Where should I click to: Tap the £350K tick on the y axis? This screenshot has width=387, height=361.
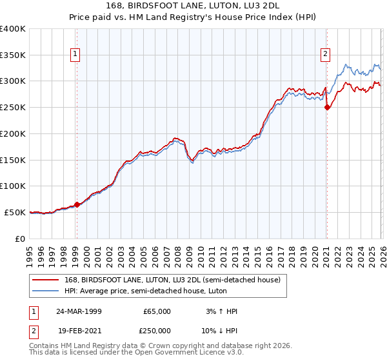coord(13,55)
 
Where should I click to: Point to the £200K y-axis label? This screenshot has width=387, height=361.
coord(13,133)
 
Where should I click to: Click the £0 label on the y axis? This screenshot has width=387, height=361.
coord(21,239)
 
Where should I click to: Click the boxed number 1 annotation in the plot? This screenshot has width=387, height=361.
coord(76,55)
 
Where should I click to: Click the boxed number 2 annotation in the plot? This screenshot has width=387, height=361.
coord(326,55)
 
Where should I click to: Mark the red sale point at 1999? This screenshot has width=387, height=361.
coord(77,204)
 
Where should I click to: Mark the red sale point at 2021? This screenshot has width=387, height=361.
coord(327,108)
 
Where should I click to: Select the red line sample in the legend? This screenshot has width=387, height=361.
coord(46,280)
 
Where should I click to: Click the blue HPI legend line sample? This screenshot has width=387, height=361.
coord(46,291)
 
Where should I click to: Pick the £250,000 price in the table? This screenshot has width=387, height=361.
coord(157,330)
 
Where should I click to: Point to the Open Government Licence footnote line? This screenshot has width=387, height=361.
coord(136,353)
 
